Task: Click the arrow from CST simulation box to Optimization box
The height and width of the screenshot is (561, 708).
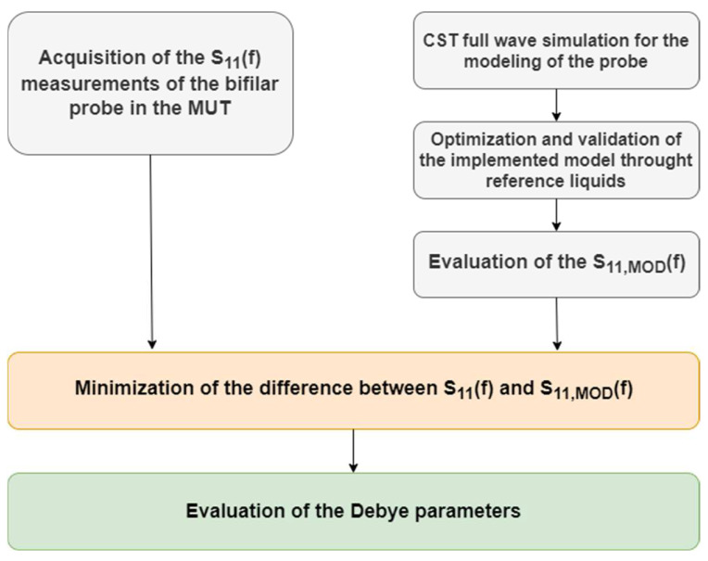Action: pyautogui.click(x=555, y=103)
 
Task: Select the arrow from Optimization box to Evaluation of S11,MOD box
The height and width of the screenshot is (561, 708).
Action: pyautogui.click(x=555, y=214)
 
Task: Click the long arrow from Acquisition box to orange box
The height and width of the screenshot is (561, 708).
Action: pyautogui.click(x=150, y=250)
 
